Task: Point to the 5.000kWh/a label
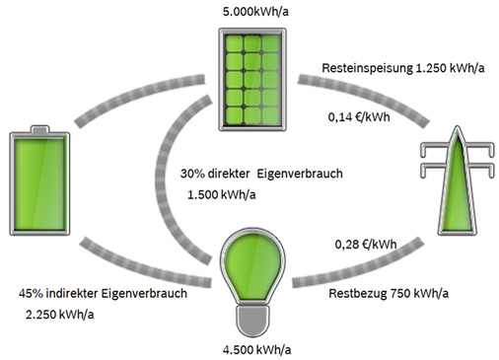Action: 251,12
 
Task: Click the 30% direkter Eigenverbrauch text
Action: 261,173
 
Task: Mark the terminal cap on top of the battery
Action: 38,127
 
